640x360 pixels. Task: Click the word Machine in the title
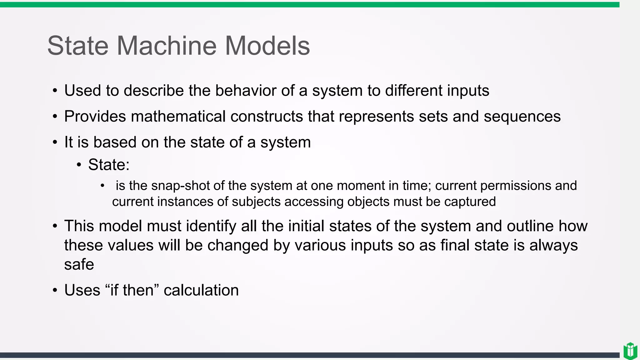(x=167, y=46)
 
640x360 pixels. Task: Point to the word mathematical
(x=178, y=117)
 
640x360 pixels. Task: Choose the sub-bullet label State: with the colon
(x=109, y=165)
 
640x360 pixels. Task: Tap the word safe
(x=79, y=265)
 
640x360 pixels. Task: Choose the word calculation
(x=201, y=290)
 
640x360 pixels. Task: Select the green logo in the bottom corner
(x=630, y=351)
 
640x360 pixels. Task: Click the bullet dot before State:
(x=79, y=165)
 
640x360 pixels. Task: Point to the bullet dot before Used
(x=55, y=91)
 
